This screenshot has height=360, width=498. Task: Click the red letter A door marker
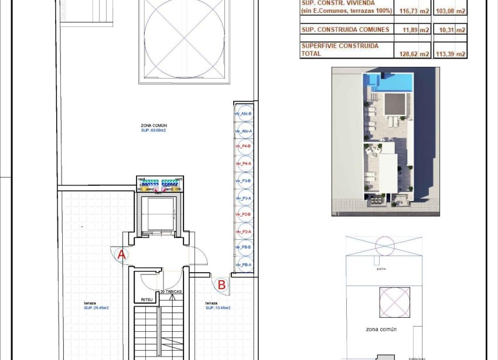point(122,255)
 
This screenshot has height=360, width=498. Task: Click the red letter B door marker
point(221,285)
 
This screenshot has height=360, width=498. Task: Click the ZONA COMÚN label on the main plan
point(154,125)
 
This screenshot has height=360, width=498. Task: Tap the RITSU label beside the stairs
point(146,300)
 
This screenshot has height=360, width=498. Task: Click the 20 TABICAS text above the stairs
point(170,291)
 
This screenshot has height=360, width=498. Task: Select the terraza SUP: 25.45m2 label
point(96,305)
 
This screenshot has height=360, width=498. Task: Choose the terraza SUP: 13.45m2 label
point(217,305)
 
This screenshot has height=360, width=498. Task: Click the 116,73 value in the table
point(411,11)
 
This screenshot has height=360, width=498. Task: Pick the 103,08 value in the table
point(453,11)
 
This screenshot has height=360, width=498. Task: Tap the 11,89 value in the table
point(414,30)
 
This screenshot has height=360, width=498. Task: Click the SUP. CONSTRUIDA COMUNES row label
point(336,29)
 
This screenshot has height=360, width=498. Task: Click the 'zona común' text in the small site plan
point(381,330)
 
